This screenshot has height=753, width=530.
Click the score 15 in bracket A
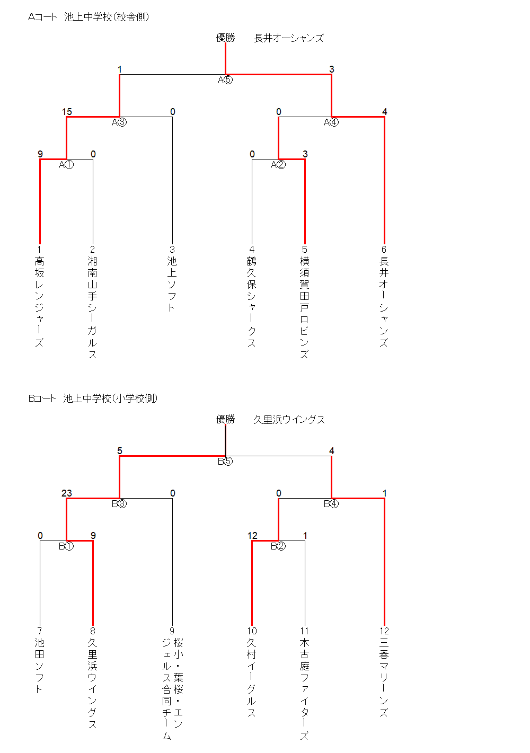pyautogui.click(x=67, y=112)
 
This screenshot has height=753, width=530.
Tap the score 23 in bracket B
pyautogui.click(x=67, y=493)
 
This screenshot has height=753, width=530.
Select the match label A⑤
pyautogui.click(x=225, y=80)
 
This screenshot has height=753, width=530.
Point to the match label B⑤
pyautogui.click(x=225, y=462)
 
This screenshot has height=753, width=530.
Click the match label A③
pyautogui.click(x=119, y=122)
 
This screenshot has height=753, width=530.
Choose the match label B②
pyautogui.click(x=278, y=546)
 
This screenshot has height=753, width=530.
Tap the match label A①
pyautogui.click(x=66, y=165)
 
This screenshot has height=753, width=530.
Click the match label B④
pyautogui.click(x=331, y=504)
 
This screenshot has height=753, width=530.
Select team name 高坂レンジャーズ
pyautogui.click(x=39, y=302)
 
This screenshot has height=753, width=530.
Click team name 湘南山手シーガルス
pyautogui.click(x=92, y=307)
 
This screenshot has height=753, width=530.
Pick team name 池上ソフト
pyautogui.click(x=172, y=285)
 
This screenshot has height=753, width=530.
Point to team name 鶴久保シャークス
pyautogui.click(x=251, y=302)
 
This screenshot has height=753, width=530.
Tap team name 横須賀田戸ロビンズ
pyautogui.click(x=304, y=307)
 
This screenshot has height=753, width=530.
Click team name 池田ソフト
pyautogui.click(x=39, y=666)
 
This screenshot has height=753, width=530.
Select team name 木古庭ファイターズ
pyautogui.click(x=304, y=689)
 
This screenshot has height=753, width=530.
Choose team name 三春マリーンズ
pyautogui.click(x=384, y=678)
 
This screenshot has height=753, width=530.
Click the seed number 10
pyautogui.click(x=252, y=631)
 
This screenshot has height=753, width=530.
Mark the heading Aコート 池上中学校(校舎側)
pyautogui.click(x=89, y=17)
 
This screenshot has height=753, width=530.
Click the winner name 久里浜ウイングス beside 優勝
pyautogui.click(x=289, y=420)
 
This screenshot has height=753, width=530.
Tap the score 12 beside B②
pyautogui.click(x=252, y=536)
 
